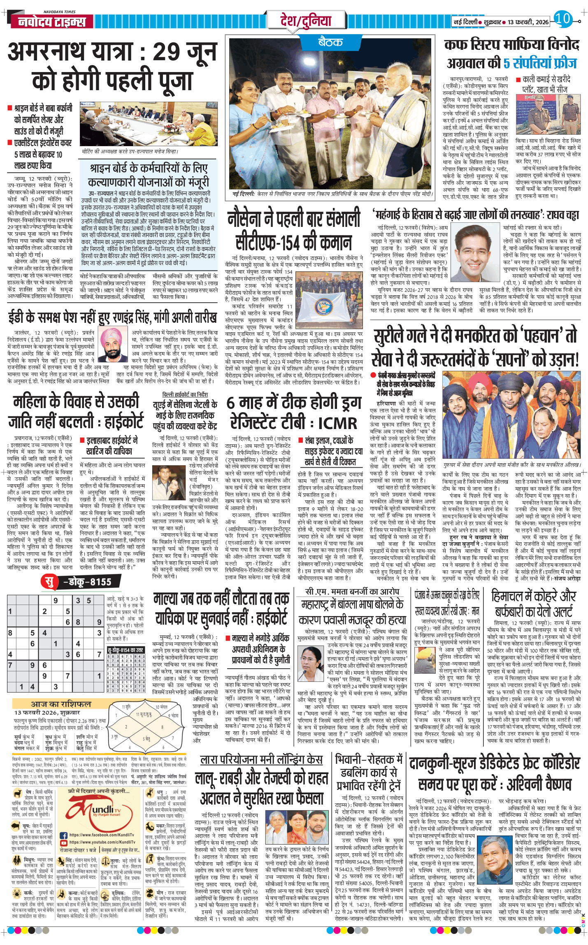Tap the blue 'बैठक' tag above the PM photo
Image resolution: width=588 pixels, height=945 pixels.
coord(330,42)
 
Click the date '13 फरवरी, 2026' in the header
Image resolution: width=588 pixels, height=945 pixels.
coord(528,22)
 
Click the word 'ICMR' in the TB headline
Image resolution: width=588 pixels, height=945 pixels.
coord(337,423)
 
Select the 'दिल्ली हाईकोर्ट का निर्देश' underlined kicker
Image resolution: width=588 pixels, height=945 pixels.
coord(185,394)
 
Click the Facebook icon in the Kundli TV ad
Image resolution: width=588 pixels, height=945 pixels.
coord(64,835)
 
